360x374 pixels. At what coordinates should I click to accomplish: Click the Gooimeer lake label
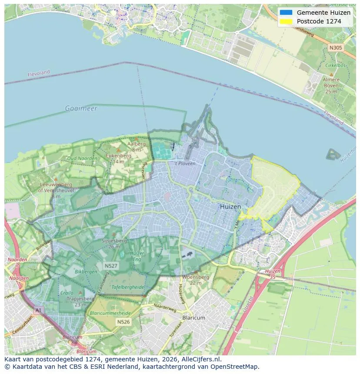pos(81,108)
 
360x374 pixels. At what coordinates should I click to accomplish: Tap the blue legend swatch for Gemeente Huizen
pos(286,13)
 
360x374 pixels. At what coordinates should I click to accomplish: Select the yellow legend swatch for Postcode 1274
pos(286,21)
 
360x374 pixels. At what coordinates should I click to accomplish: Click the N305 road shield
pos(335,48)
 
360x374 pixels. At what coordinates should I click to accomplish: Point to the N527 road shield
pos(110,265)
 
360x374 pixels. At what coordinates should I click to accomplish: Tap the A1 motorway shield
pos(38,310)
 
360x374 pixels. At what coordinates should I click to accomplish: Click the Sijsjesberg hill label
pos(113,240)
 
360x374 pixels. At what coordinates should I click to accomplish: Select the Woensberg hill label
pos(196,277)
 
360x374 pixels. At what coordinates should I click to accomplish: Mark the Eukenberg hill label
pos(119,155)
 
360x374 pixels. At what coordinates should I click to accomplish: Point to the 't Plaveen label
pos(185,163)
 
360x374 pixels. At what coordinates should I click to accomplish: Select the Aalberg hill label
pos(136,144)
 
